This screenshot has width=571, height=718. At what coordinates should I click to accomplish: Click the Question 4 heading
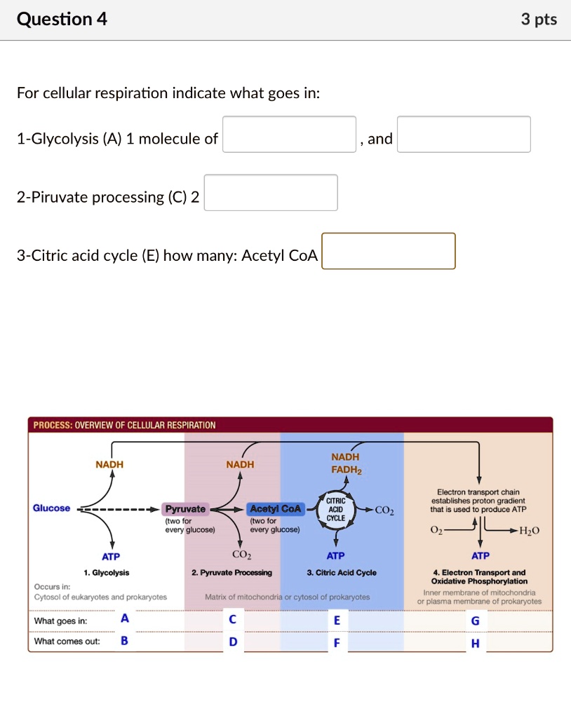pyautogui.click(x=62, y=19)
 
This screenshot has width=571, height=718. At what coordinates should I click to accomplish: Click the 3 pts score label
pyautogui.click(x=539, y=20)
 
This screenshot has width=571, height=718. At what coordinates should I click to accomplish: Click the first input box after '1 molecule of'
pyautogui.click(x=289, y=134)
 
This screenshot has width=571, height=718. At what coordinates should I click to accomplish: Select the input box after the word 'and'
pyautogui.click(x=464, y=134)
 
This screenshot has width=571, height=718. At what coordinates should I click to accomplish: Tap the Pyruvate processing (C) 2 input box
pyautogui.click(x=271, y=193)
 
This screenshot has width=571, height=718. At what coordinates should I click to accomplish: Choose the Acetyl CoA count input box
pyautogui.click(x=389, y=251)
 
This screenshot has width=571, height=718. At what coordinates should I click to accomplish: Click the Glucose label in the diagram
pyautogui.click(x=52, y=508)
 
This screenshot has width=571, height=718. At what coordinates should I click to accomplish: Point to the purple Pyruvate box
pyautogui.click(x=185, y=509)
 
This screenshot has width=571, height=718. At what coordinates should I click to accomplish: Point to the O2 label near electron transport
pyautogui.click(x=436, y=531)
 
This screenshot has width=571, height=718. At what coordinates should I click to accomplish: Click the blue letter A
pyautogui.click(x=125, y=618)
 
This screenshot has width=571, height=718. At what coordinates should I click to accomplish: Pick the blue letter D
pyautogui.click(x=234, y=642)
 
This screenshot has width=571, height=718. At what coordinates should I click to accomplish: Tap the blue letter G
pyautogui.click(x=476, y=621)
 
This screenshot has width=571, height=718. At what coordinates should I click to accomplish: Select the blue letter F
pyautogui.click(x=337, y=642)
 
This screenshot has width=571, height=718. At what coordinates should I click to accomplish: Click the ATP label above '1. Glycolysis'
pyautogui.click(x=111, y=556)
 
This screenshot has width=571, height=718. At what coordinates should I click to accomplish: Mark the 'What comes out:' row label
pyautogui.click(x=67, y=642)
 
